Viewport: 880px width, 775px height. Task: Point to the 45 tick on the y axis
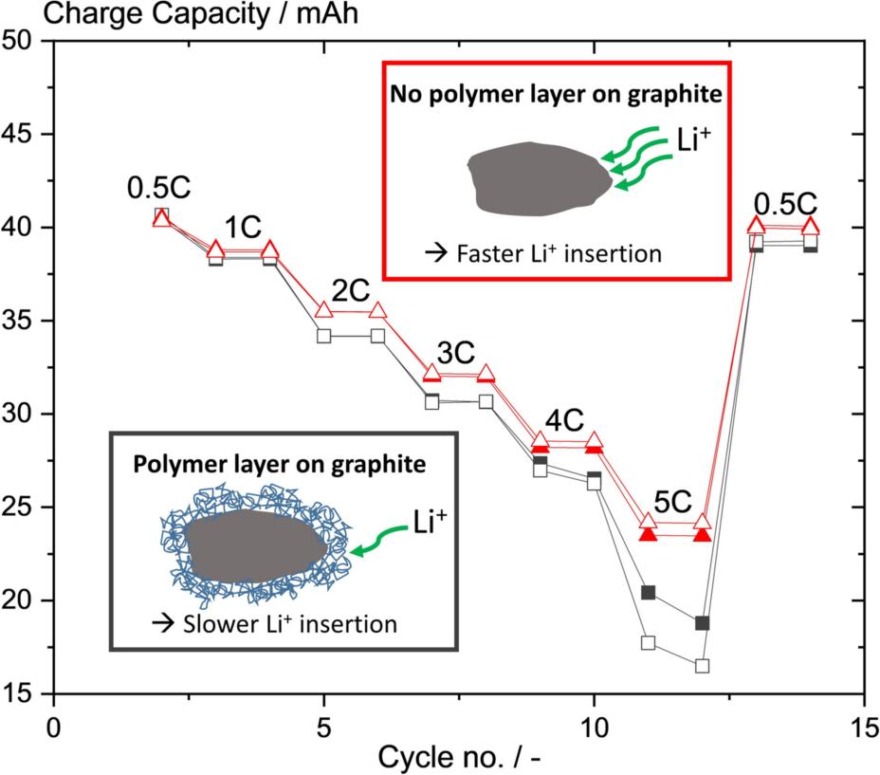[27, 135]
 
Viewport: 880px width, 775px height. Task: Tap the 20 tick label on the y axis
[27, 601]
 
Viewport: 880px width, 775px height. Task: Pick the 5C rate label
[675, 501]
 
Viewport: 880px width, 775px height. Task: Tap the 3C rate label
[458, 353]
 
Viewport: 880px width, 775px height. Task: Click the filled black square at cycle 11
[649, 593]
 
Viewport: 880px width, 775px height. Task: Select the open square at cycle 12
[703, 666]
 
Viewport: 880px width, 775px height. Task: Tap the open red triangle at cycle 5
[324, 311]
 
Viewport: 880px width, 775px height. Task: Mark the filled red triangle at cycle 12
[703, 534]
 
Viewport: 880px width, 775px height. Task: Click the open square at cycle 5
[324, 336]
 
